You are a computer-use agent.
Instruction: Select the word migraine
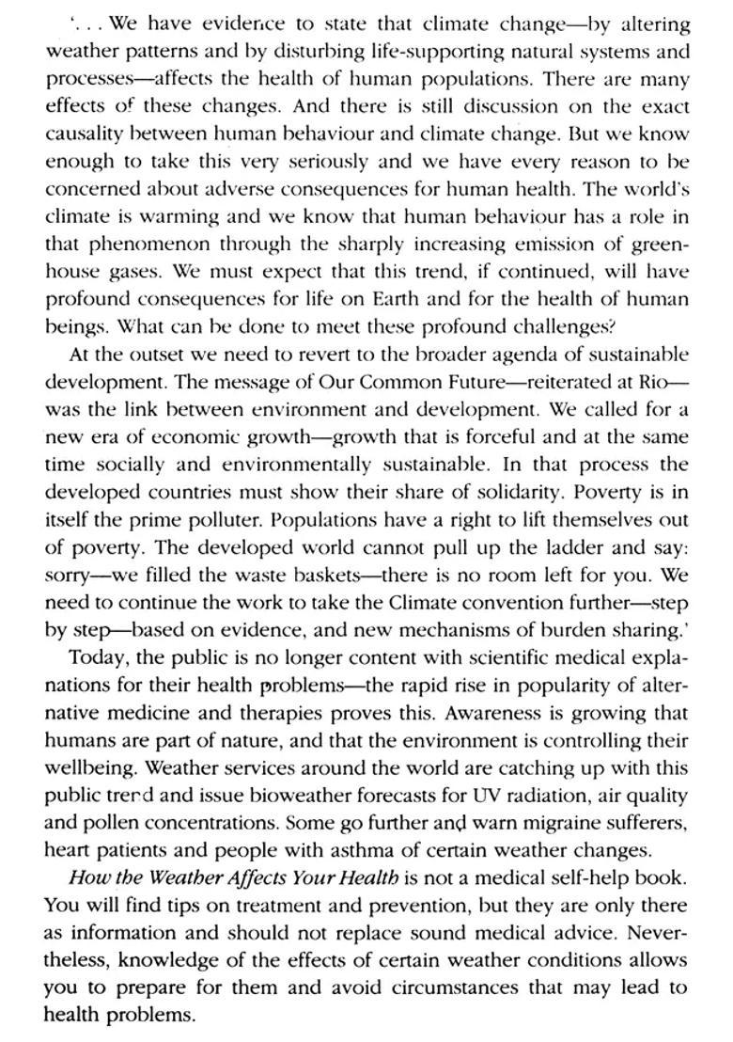(541, 824)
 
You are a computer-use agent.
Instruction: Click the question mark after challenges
(612, 327)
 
